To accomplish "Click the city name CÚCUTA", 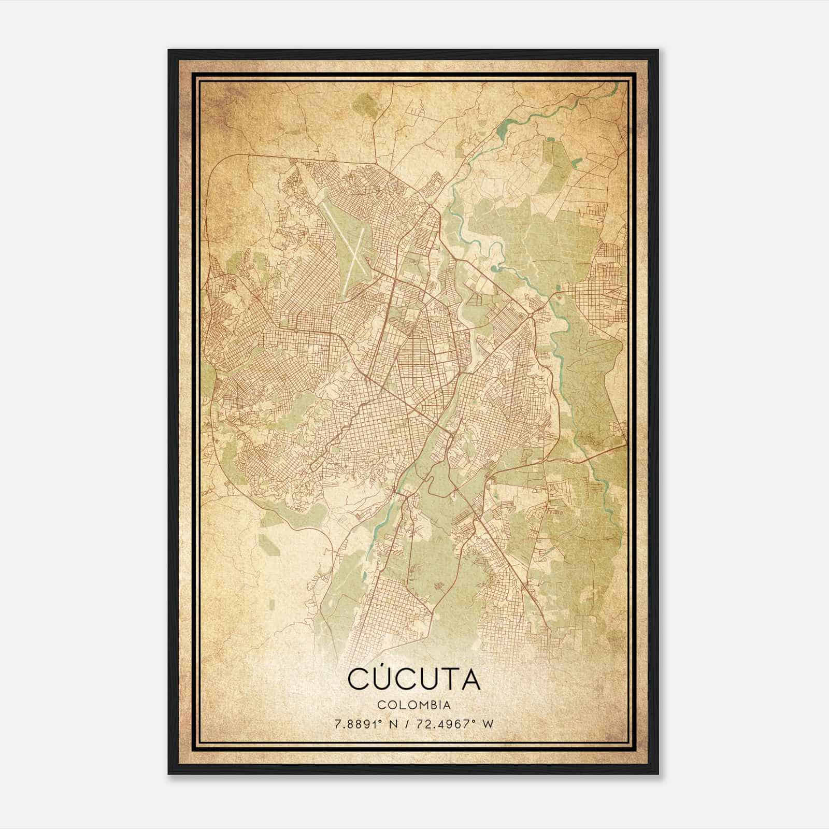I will pyautogui.click(x=414, y=679).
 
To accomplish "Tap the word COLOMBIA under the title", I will pyautogui.click(x=414, y=705).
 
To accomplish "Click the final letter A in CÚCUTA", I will pyautogui.click(x=468, y=680).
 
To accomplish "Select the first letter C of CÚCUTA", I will pyautogui.click(x=358, y=680).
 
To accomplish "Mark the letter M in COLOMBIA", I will pyautogui.click(x=421, y=705).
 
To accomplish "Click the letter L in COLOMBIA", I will pyautogui.click(x=401, y=705).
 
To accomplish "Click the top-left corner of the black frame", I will pyautogui.click(x=169, y=50).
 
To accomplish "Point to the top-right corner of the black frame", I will pyautogui.click(x=659, y=50).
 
